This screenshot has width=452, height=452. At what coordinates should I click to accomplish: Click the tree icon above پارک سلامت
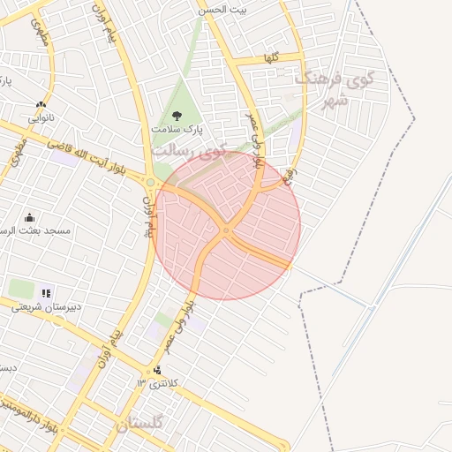[177, 115]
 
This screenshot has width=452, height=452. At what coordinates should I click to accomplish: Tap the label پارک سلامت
[177, 130]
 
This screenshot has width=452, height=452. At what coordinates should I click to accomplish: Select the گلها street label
[270, 58]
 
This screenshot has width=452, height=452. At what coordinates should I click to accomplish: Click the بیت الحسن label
[247, 9]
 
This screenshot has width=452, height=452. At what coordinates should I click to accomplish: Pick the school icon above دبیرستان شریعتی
[46, 293]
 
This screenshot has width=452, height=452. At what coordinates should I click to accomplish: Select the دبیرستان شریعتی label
[46, 307]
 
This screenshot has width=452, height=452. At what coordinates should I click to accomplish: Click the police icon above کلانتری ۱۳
[157, 371]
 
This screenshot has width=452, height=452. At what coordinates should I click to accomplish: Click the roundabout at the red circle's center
[226, 230]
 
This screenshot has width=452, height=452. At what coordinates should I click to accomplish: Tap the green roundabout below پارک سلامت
[151, 183]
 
